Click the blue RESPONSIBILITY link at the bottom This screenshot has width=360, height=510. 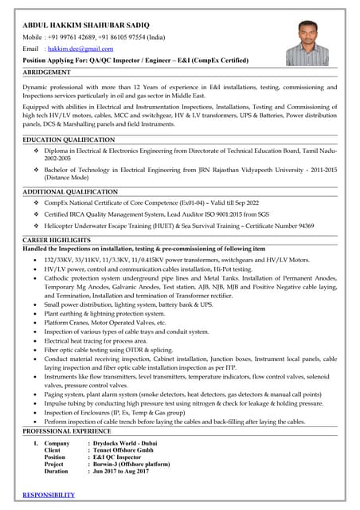(49, 495)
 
